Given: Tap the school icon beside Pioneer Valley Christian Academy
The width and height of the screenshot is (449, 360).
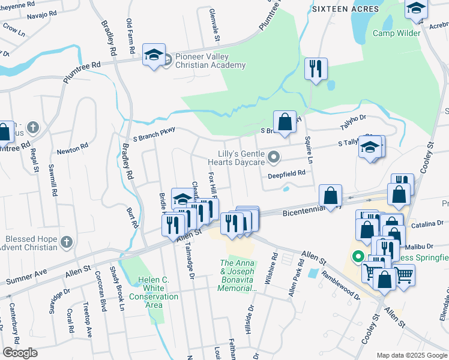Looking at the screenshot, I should click(x=154, y=55).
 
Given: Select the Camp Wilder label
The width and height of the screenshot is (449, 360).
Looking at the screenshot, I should click(x=396, y=33).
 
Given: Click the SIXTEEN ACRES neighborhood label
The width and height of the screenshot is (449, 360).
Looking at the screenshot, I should click(x=345, y=9).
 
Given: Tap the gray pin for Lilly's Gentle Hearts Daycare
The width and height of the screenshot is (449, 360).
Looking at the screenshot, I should click(x=274, y=158).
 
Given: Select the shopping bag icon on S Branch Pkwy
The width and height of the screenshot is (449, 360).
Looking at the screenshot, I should click(x=285, y=121).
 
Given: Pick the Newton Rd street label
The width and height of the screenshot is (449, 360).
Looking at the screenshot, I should click(x=72, y=146).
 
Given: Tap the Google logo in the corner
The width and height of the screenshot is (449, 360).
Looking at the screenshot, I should click(x=20, y=353).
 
